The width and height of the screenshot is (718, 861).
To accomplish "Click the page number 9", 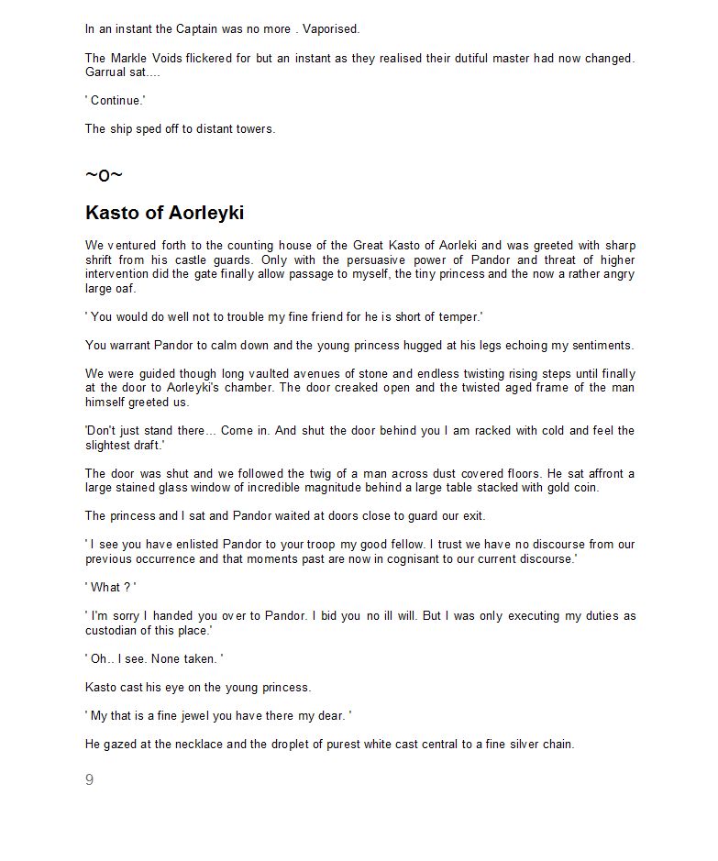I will coord(89,780).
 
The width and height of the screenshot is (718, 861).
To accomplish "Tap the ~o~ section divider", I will coord(104,175).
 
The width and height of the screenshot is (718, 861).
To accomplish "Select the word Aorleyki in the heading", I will coord(205,214).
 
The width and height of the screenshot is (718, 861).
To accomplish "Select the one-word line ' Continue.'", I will coord(116,101).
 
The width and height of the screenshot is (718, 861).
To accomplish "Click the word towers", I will coord(255,129).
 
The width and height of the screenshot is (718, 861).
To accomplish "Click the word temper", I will coord(461,317).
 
